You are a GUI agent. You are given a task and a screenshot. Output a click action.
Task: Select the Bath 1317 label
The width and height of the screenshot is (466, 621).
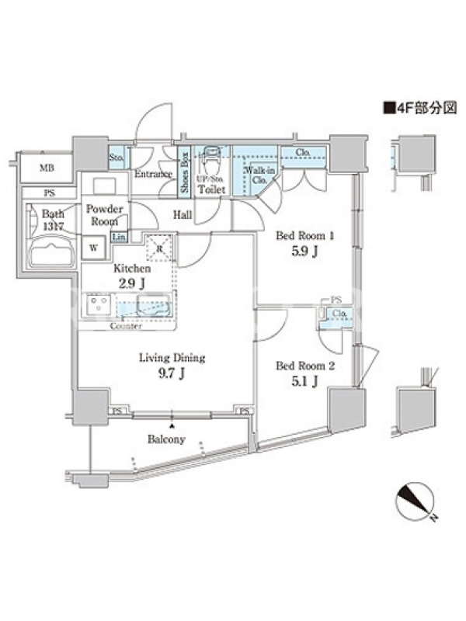53,220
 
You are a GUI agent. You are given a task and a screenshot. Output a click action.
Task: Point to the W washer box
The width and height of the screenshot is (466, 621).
94,248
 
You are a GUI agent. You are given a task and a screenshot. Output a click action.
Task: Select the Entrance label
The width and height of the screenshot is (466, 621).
152,174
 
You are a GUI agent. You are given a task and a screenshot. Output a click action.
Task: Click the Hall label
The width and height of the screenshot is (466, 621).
183,215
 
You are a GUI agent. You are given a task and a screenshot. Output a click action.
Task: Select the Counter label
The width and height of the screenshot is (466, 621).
125,326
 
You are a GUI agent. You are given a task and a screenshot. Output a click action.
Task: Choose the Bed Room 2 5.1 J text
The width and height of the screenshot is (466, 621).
306,373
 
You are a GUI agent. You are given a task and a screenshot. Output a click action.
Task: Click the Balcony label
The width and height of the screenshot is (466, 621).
166,440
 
